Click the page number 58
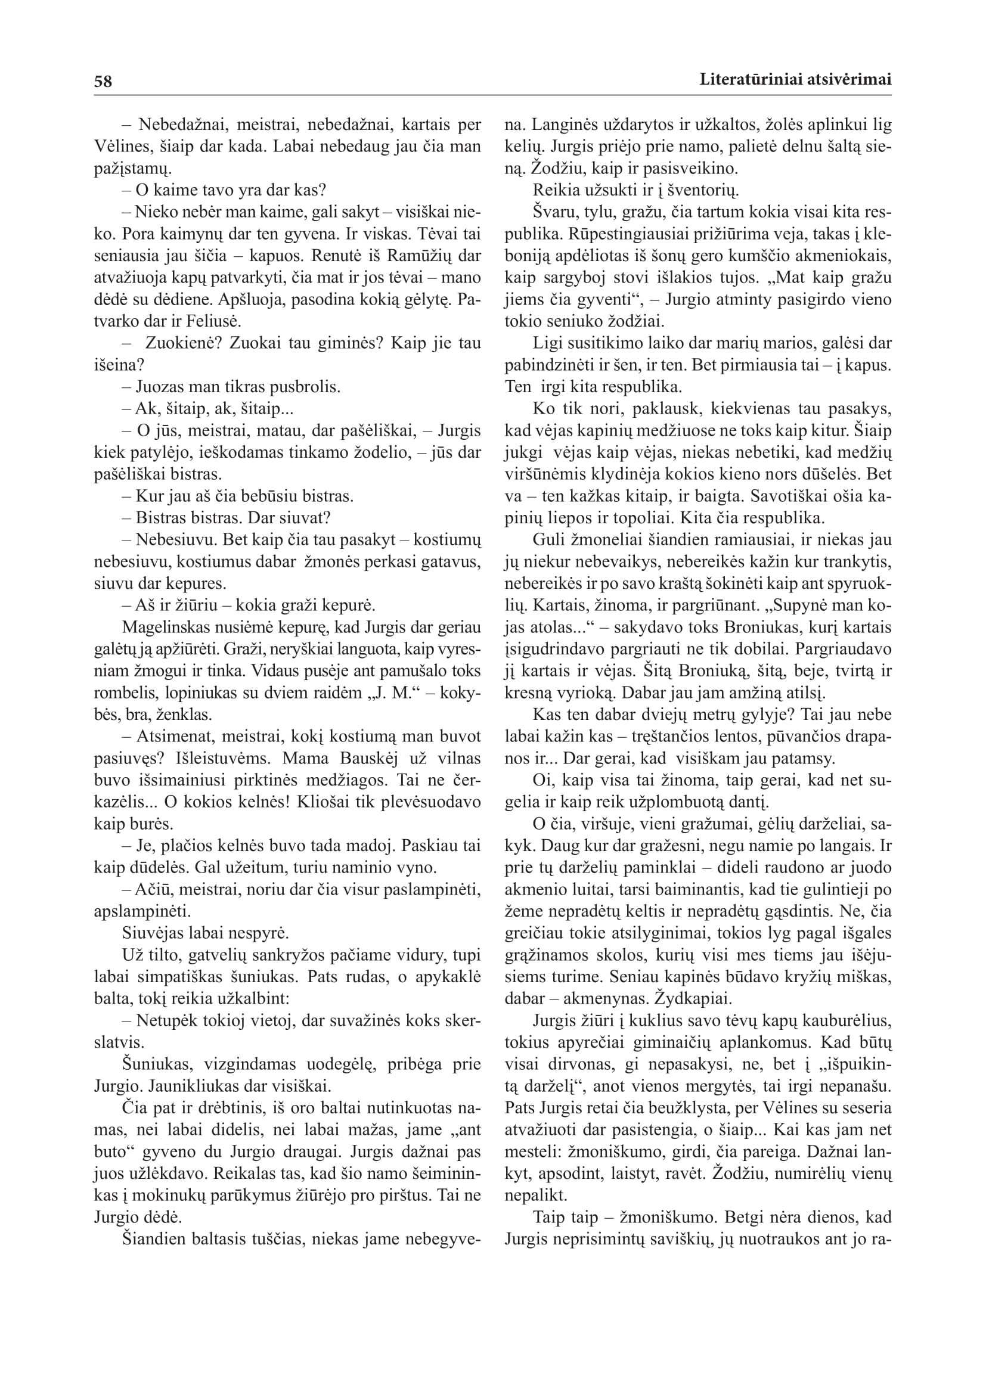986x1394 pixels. [103, 80]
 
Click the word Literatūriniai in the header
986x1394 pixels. [751, 79]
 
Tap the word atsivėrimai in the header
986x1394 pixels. [849, 79]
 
